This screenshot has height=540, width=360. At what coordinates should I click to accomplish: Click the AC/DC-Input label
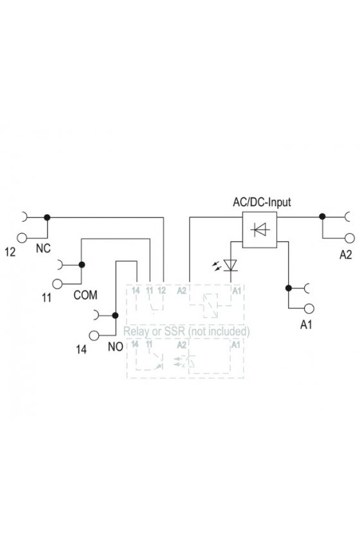tap(262, 202)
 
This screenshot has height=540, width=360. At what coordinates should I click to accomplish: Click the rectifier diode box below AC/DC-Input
tap(260, 230)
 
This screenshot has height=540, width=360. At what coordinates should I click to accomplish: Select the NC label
tap(43, 248)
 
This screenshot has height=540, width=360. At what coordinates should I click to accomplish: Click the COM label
tap(85, 295)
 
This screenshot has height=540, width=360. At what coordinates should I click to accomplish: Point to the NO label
tap(116, 346)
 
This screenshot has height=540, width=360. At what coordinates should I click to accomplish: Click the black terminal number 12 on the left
tap(10, 252)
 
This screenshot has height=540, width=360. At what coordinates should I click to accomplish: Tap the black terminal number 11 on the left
tap(46, 298)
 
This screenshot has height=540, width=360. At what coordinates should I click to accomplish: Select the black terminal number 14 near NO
tap(81, 349)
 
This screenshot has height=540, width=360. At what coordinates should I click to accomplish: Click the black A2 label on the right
tap(345, 255)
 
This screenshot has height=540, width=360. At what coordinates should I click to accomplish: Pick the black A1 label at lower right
tap(306, 325)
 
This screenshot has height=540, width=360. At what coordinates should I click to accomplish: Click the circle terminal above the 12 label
tap(22, 238)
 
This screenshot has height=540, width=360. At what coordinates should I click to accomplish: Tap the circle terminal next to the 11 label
tap(57, 283)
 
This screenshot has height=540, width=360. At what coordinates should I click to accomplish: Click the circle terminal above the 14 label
tap(94, 335)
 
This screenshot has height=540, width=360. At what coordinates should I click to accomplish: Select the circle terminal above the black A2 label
tap(350, 238)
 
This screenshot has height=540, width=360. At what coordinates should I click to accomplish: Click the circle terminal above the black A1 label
tap(309, 309)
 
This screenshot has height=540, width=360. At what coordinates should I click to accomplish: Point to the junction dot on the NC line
tap(47, 217)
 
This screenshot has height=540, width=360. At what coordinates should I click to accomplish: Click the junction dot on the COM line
tap(82, 264)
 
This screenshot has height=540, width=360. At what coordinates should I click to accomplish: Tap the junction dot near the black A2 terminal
tap(322, 216)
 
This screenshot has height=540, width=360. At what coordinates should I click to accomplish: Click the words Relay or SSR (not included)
tap(186, 331)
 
